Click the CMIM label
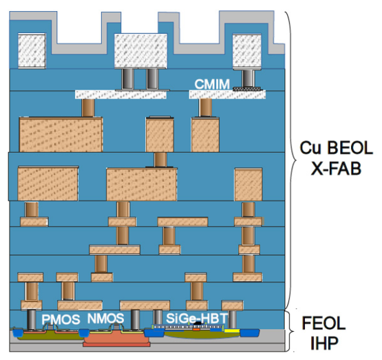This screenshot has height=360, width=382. (x=212, y=84)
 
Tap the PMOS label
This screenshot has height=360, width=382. (x=61, y=319)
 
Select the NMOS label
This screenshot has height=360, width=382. (x=106, y=318)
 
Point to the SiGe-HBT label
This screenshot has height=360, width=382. (x=197, y=318)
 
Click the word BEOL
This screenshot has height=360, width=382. (x=350, y=147)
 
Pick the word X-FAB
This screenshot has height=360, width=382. (x=336, y=169)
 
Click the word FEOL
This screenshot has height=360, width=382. (x=323, y=323)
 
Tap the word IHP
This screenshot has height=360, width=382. (x=324, y=343)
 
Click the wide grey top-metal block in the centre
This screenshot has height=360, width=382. (x=141, y=51)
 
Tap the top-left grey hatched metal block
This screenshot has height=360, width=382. (x=32, y=50)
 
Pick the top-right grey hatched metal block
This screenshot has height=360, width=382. (x=247, y=51)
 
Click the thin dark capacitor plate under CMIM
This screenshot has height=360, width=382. (x=247, y=89)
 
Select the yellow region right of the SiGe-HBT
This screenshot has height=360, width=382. (x=232, y=330)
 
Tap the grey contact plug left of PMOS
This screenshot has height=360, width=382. (x=31, y=319)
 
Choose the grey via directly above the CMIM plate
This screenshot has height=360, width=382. (x=248, y=78)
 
